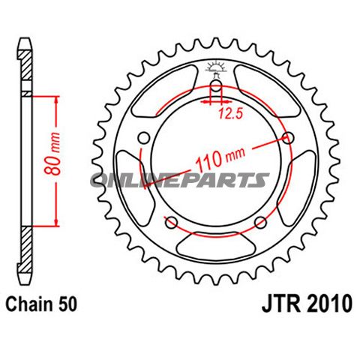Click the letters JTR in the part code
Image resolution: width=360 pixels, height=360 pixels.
278,305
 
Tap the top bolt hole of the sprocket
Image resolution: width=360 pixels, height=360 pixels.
217,87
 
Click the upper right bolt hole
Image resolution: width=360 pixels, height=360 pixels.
289,138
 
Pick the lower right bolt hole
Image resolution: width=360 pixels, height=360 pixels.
261,222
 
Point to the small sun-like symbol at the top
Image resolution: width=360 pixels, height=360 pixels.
217,68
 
